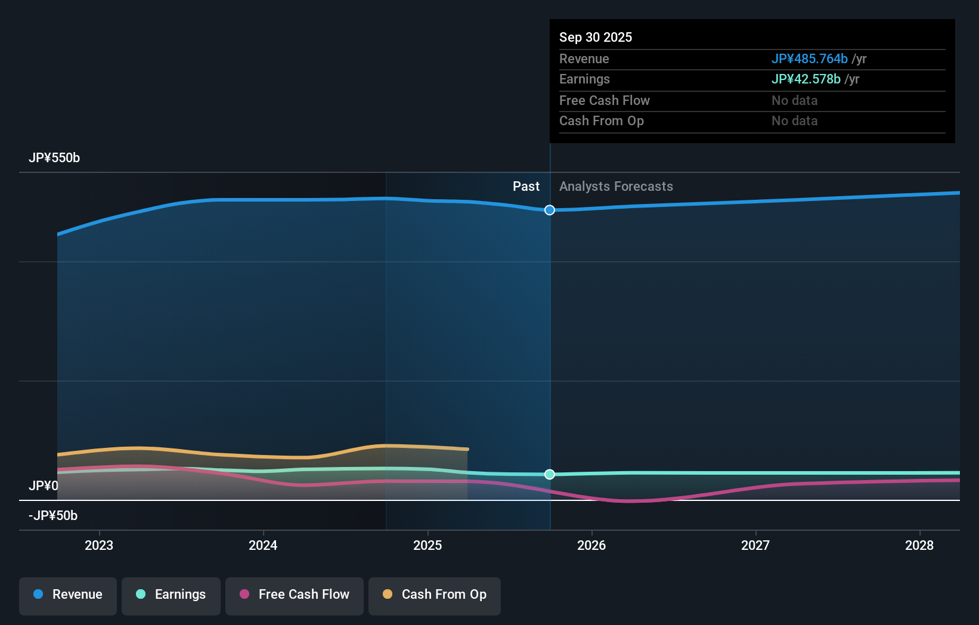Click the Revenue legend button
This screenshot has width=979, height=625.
point(68,595)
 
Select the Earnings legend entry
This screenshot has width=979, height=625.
point(171,595)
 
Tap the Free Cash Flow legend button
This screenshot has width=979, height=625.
point(295,595)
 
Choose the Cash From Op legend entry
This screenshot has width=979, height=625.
point(435,595)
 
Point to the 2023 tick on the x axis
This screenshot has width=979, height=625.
point(99,545)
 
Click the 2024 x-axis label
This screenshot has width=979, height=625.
point(263,545)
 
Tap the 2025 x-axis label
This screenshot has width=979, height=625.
point(427,545)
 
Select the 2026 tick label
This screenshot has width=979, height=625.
point(591,545)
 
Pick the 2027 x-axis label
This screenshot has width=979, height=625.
point(755,545)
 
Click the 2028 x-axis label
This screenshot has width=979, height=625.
point(919,545)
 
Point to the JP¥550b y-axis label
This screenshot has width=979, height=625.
point(54,158)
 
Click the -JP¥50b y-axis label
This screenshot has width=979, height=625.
point(53,516)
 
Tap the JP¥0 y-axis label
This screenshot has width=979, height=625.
point(44,486)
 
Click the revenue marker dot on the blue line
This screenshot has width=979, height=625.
point(550,210)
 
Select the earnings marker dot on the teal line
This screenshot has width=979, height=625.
point(550,474)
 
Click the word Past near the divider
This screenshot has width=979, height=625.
point(526,187)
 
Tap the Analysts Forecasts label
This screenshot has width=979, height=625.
point(616,187)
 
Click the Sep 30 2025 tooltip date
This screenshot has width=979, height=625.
point(596,37)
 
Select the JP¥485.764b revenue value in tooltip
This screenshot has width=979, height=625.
point(809,58)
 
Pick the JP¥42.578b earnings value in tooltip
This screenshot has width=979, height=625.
point(805,79)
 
